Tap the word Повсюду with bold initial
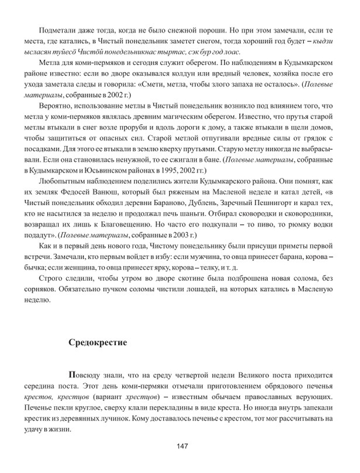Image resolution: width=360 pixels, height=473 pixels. [x=86, y=375]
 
